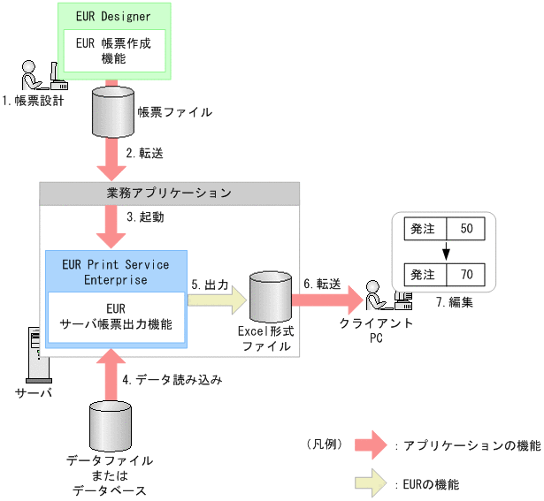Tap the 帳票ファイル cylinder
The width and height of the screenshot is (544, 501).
[113, 110]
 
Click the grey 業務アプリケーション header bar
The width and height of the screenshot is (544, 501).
[169, 192]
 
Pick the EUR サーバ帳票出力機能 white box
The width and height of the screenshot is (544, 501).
[116, 317]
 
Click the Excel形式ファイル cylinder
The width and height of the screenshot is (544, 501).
[271, 299]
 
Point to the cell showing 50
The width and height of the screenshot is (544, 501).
[466, 228]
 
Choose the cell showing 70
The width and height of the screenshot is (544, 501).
[466, 274]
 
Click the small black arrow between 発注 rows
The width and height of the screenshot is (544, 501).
[446, 251]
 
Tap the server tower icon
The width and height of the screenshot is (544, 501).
[34, 353]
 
